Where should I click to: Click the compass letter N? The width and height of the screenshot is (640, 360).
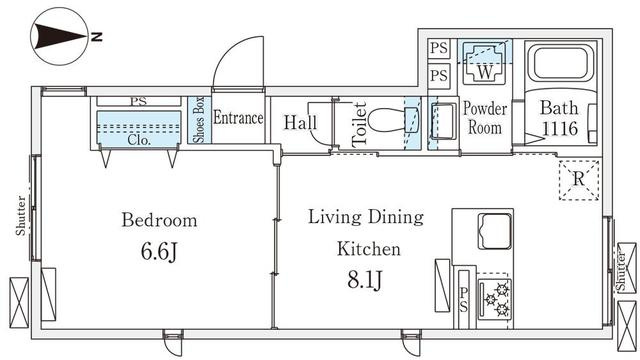(96, 37)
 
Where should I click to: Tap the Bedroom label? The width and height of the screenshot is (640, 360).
(159, 220)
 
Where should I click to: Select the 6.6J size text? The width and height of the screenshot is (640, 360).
(159, 251)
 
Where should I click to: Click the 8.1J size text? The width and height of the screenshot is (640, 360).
(365, 280)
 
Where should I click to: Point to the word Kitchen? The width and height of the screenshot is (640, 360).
(369, 249)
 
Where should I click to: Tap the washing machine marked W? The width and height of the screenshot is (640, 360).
(485, 62)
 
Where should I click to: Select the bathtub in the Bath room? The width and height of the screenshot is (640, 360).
(561, 63)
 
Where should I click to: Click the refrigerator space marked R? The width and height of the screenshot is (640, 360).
(579, 180)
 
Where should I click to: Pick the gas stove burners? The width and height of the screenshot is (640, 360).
(496, 299)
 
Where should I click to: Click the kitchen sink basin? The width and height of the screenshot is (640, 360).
(495, 231)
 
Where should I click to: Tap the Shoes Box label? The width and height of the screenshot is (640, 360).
(200, 120)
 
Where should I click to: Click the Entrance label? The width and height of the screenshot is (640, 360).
(238, 118)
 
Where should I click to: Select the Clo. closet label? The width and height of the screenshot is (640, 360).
(139, 140)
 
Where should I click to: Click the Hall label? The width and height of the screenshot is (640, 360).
(300, 122)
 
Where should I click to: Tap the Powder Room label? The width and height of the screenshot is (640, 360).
(485, 118)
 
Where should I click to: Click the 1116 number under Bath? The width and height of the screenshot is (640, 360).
(560, 129)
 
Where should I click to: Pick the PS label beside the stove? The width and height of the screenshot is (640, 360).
(464, 300)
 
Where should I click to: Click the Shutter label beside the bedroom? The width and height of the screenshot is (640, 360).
(20, 215)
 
